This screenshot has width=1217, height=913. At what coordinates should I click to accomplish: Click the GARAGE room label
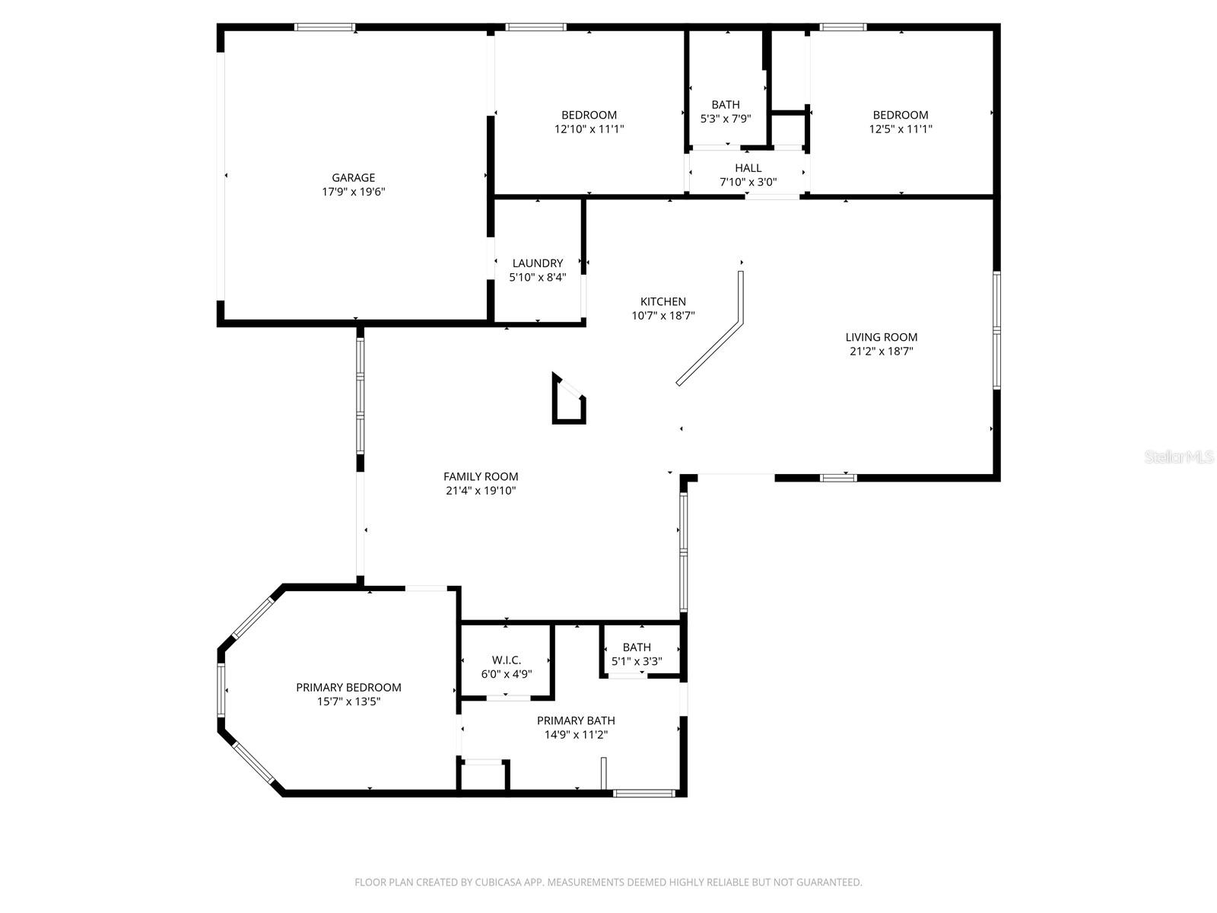point(353,178)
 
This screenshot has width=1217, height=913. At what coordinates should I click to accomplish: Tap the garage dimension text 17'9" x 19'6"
point(353,192)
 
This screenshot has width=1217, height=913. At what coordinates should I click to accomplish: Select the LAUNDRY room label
point(537,263)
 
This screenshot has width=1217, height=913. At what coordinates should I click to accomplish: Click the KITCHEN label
point(663,301)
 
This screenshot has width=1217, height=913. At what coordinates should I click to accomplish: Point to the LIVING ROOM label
point(881,337)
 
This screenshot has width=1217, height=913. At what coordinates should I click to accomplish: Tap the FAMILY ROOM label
point(481,476)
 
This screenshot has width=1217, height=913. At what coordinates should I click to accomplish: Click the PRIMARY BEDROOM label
point(348,687)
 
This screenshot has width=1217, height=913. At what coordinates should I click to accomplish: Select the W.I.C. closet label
point(507,660)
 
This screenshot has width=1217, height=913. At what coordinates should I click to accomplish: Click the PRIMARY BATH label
point(576,721)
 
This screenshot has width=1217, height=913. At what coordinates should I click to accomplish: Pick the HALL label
point(748,168)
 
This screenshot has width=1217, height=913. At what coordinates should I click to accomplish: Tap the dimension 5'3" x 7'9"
point(725,119)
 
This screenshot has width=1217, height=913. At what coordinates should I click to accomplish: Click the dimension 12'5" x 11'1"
point(901,129)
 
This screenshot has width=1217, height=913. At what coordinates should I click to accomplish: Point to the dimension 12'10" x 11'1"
point(589,129)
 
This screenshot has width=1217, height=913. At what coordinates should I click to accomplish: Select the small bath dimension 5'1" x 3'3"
point(637,661)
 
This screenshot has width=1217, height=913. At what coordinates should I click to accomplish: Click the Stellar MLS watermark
point(1178,456)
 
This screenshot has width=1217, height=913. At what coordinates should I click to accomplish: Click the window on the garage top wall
point(325,27)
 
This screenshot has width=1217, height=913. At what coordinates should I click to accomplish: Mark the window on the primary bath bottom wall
point(643,794)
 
